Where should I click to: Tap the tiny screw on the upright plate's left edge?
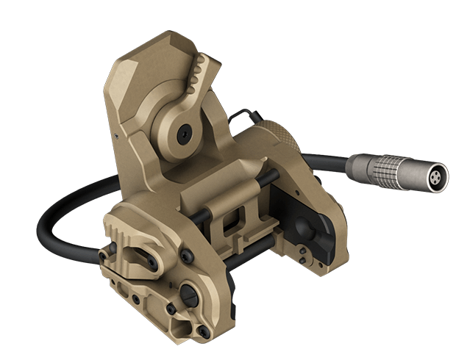(x=115, y=136)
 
